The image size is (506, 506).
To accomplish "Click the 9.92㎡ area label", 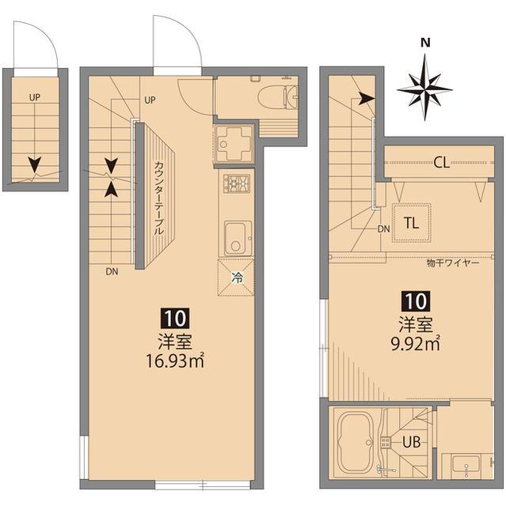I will pyautogui.click(x=415, y=342).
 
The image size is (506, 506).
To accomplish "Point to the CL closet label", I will pyautogui.click(x=441, y=164).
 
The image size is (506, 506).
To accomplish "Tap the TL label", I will pyautogui.click(x=411, y=222).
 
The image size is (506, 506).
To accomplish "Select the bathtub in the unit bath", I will pyautogui.click(x=356, y=442).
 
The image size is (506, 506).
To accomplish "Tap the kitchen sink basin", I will pyautogui.click(x=236, y=238).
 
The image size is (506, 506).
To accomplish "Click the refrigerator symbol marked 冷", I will pyautogui.click(x=236, y=277).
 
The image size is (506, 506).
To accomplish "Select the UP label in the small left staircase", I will pyautogui.click(x=35, y=98).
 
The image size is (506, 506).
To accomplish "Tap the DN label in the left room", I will pyautogui.click(x=111, y=271).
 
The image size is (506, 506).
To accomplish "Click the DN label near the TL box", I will pyautogui.click(x=383, y=229).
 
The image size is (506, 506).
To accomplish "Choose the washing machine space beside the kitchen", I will pyautogui.click(x=234, y=143).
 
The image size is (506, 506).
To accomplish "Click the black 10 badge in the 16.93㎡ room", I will pyautogui.click(x=175, y=319).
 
